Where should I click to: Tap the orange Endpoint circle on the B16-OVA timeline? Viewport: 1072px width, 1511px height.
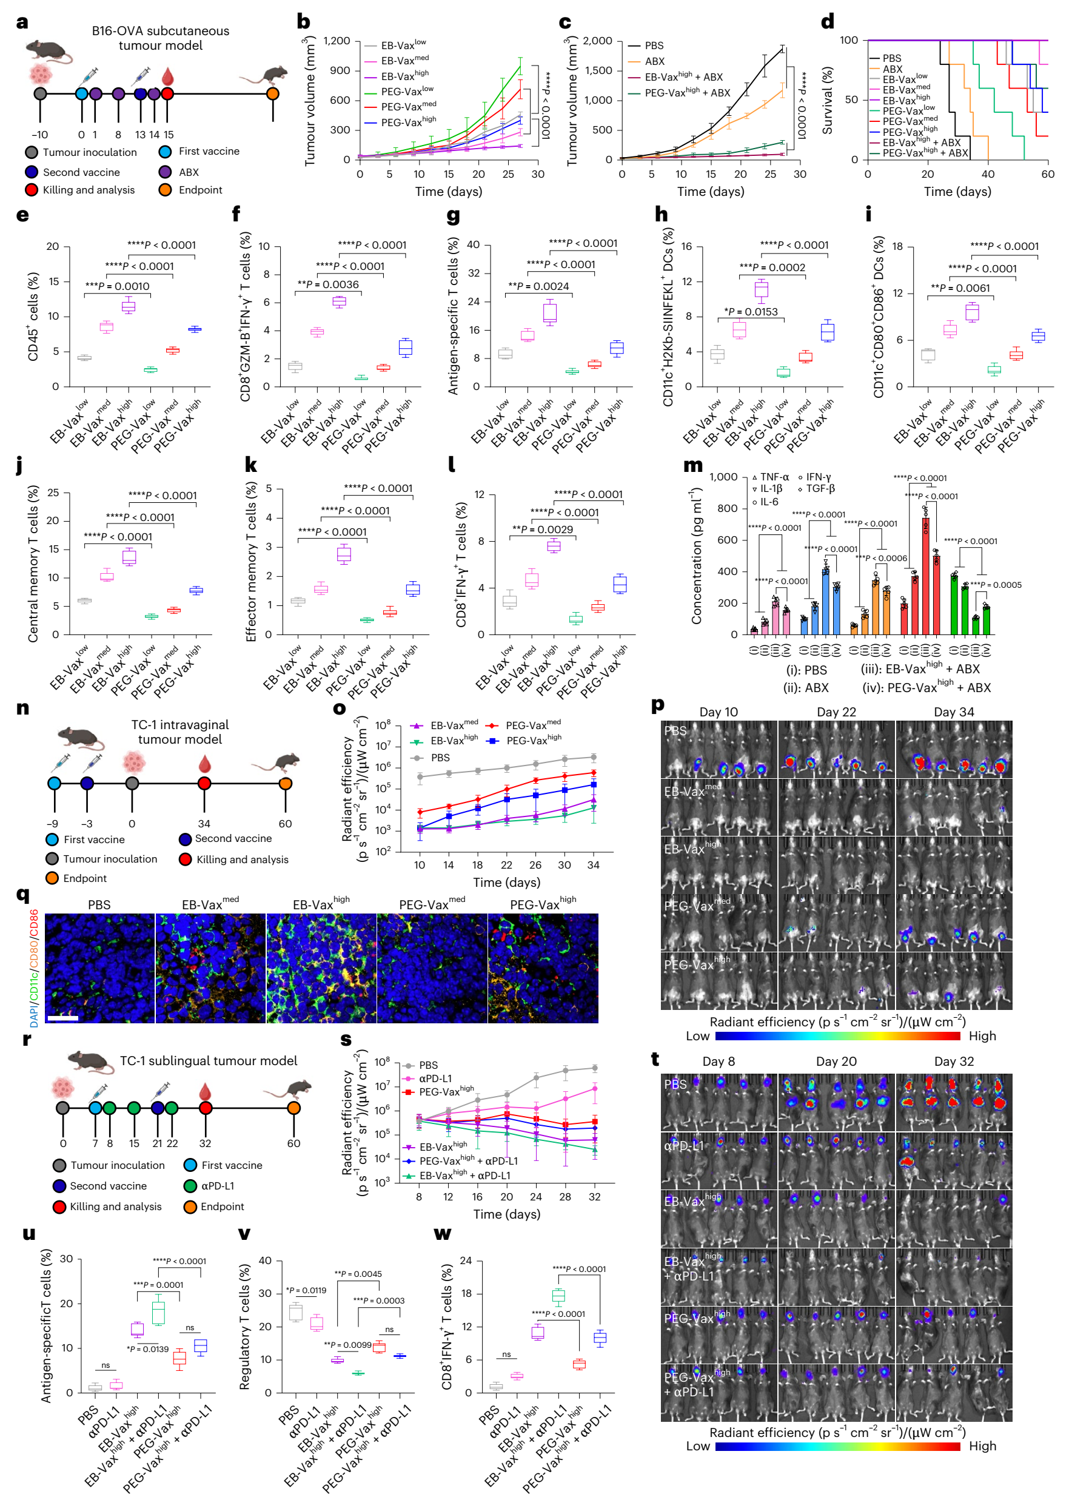[x=273, y=94]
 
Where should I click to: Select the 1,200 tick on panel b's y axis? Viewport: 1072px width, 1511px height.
[x=337, y=41]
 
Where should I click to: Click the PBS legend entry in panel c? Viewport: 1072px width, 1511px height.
[x=654, y=45]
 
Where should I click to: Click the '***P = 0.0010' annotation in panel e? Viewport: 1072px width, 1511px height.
[x=117, y=286]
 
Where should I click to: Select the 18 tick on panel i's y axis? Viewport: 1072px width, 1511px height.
[x=898, y=246]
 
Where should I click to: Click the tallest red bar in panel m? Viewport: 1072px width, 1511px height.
[x=925, y=574]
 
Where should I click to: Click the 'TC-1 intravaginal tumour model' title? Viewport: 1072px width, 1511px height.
[x=179, y=732]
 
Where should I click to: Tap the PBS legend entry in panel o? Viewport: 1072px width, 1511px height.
[x=440, y=758]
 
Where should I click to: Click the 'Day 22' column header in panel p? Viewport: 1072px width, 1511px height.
[x=836, y=712]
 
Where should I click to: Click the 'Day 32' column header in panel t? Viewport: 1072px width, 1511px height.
[x=954, y=1062]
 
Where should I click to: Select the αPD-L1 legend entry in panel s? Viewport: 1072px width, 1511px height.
[x=435, y=1079]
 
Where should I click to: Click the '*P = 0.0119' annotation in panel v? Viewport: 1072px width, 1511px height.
[x=306, y=1290]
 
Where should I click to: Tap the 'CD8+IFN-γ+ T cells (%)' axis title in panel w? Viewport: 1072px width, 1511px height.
[x=447, y=1327]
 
